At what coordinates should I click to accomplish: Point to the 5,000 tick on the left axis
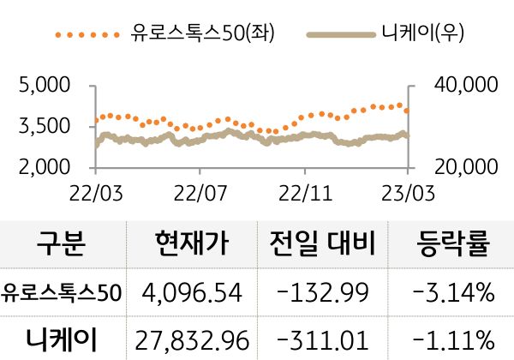(x=44, y=86)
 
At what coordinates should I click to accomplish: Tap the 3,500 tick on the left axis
(x=44, y=127)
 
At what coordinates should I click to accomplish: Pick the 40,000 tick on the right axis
(x=462, y=86)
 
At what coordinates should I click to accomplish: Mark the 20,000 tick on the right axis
(x=462, y=167)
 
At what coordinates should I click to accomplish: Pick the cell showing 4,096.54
(x=193, y=294)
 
